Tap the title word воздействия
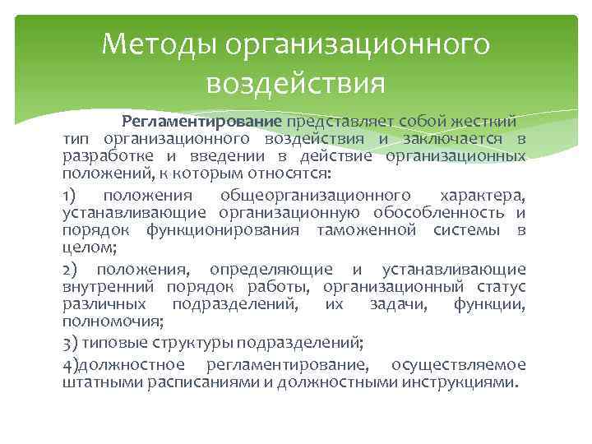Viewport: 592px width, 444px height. coord(295,83)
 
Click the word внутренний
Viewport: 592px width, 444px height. coord(109,287)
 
